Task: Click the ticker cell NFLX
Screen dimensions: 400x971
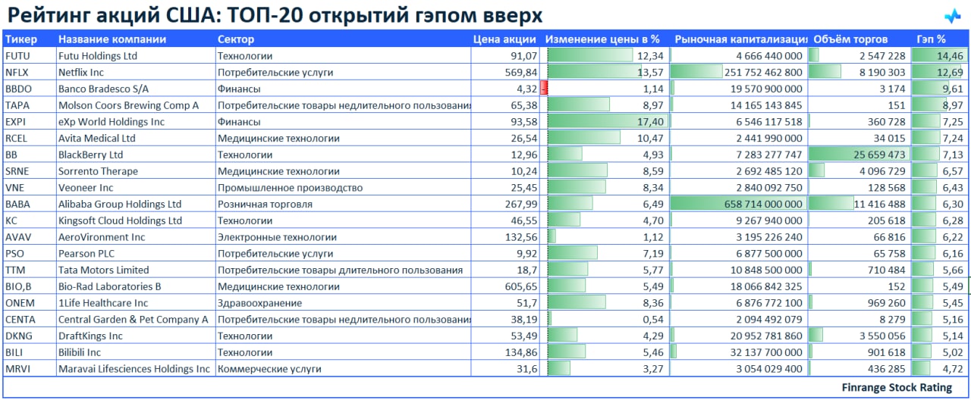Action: pyautogui.click(x=17, y=73)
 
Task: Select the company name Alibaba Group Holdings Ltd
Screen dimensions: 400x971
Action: pyautogui.click(x=120, y=205)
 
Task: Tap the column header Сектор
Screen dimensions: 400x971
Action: pyautogui.click(x=236, y=39)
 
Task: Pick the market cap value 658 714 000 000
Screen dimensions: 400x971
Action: pyautogui.click(x=756, y=205)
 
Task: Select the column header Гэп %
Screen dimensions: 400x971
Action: pyautogui.click(x=931, y=39)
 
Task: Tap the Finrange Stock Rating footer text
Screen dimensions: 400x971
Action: pyautogui.click(x=897, y=388)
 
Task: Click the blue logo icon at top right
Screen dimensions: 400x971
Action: pyautogui.click(x=952, y=16)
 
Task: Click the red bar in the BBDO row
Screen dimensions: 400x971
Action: pyautogui.click(x=543, y=89)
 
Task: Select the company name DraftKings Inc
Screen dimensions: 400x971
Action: pyautogui.click(x=90, y=336)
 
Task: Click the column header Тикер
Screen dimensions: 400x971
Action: pyautogui.click(x=20, y=39)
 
